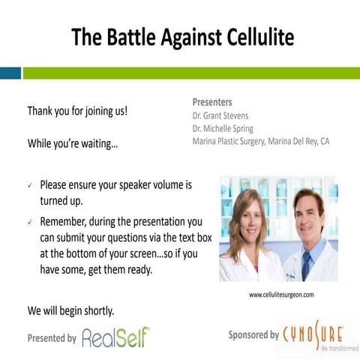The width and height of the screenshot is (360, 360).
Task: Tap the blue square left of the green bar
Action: pyautogui.click(x=10, y=73)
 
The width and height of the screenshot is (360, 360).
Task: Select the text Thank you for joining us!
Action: pyautogui.click(x=77, y=111)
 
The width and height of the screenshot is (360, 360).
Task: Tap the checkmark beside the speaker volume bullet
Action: pyautogui.click(x=29, y=184)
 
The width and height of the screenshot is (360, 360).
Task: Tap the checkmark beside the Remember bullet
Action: pyautogui.click(x=29, y=223)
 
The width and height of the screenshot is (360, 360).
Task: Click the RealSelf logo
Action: pyautogui.click(x=115, y=337)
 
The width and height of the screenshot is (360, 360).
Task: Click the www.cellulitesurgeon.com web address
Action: pyautogui.click(x=281, y=295)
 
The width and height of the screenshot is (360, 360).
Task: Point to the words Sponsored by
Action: pyautogui.click(x=253, y=334)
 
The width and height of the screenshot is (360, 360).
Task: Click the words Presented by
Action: pyautogui.click(x=52, y=338)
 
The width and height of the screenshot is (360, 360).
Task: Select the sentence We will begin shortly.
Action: pyautogui.click(x=71, y=310)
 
